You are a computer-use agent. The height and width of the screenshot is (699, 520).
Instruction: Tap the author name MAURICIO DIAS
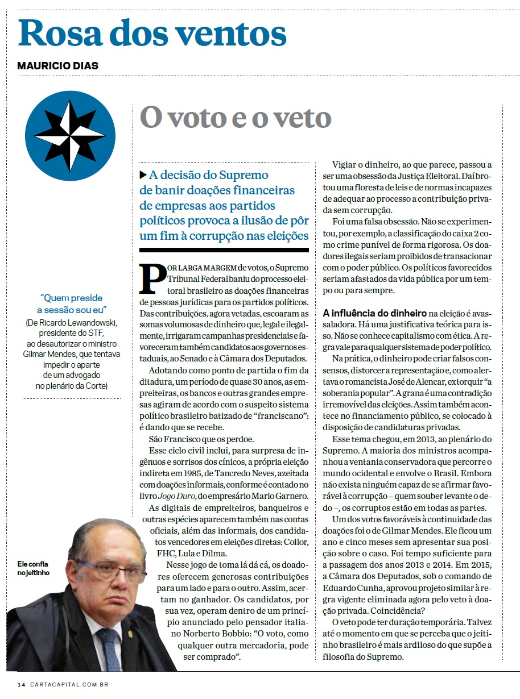click(x=57, y=66)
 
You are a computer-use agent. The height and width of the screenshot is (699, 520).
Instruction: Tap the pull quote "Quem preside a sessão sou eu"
click(x=72, y=303)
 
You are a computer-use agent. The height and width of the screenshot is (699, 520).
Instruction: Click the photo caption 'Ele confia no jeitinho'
click(x=34, y=568)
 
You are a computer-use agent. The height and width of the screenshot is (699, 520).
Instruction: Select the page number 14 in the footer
click(x=21, y=684)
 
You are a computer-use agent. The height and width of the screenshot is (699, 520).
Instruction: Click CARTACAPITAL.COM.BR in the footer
click(x=69, y=684)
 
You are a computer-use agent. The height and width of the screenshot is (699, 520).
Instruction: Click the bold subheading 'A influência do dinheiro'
click(x=374, y=313)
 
